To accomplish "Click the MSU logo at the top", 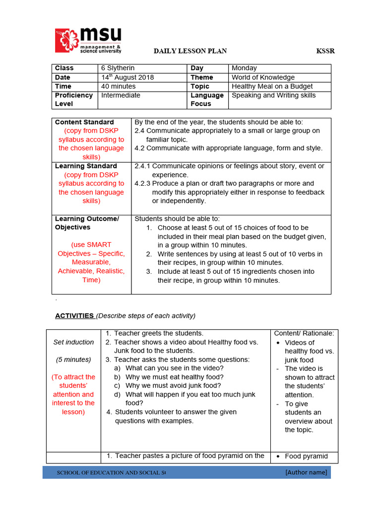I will [88, 41].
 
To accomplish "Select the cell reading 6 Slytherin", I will [118, 68].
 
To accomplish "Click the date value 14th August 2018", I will [127, 77].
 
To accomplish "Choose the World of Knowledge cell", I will [263, 77].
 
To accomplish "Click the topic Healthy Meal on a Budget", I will [272, 86].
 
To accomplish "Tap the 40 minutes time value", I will [118, 86].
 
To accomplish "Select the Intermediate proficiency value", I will [121, 95].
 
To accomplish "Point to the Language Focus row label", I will [207, 100].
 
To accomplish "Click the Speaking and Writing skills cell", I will [273, 95].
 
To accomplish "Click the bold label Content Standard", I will [84, 122].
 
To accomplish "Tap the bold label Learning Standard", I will [86, 166].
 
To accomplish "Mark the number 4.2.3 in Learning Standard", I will [143, 183].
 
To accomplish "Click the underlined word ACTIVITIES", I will [74, 316].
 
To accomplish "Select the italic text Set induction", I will [73, 342].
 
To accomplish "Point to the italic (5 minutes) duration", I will [73, 359].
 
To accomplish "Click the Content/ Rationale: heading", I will [304, 333].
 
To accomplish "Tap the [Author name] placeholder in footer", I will [306, 472].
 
